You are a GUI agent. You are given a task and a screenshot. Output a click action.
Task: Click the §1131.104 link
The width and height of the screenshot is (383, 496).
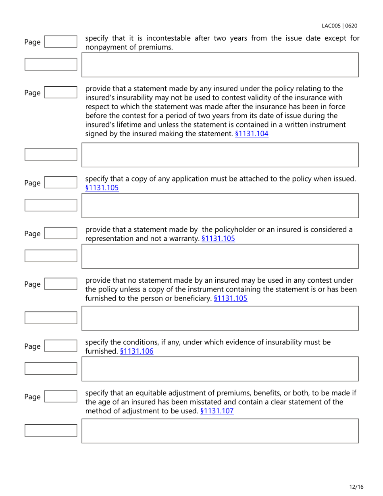(x=252, y=133)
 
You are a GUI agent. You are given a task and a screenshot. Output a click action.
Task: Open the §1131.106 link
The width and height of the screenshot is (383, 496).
(x=137, y=351)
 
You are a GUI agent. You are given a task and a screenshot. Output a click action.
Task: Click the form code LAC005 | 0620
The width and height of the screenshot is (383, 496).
(x=339, y=26)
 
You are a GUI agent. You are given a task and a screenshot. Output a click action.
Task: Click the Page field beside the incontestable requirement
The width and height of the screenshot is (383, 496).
(x=60, y=42)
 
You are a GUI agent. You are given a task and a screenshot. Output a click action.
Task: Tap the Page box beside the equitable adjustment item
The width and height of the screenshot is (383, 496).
(x=60, y=397)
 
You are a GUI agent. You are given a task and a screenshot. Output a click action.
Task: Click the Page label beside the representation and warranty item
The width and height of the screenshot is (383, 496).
(x=33, y=234)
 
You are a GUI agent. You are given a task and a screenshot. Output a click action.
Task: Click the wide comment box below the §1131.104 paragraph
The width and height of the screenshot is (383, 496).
(x=220, y=155)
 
